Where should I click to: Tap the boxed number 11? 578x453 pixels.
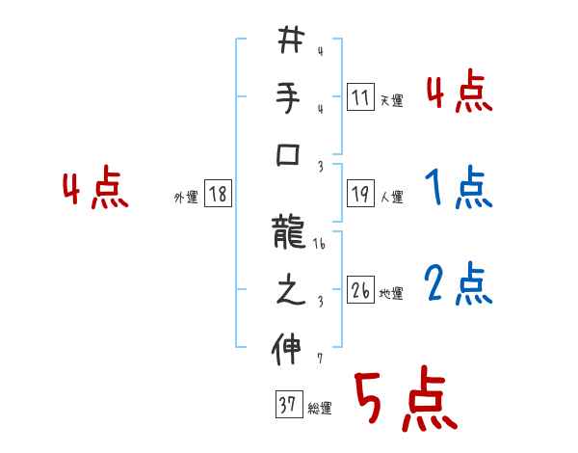[x=360, y=97]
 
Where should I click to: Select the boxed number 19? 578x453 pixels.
[x=360, y=195]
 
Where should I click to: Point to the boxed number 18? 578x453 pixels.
[x=218, y=195]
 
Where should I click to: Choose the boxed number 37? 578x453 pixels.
[x=287, y=405]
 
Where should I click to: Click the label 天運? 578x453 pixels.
[x=391, y=100]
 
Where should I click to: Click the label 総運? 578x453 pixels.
[x=319, y=409]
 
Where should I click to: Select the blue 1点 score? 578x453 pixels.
[x=458, y=187]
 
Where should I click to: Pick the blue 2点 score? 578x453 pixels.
[x=458, y=284]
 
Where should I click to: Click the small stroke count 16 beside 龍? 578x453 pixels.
[x=320, y=246]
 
